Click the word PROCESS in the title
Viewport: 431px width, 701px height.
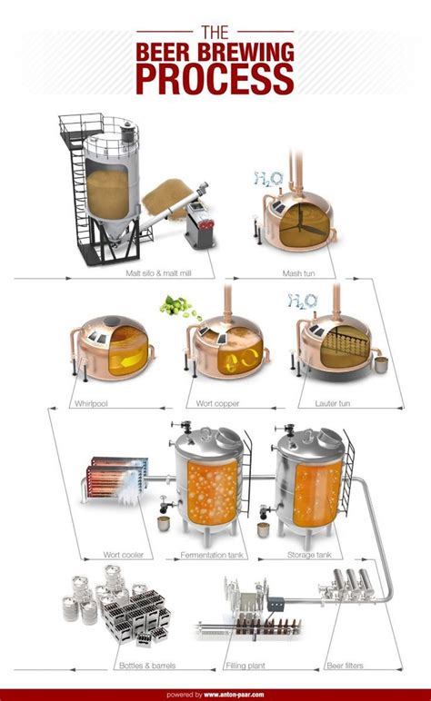[215, 79]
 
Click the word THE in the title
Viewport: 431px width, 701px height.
[215, 33]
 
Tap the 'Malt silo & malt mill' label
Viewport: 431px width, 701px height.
[158, 273]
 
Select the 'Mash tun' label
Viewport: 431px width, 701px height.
[298, 273]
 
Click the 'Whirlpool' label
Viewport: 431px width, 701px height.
[91, 403]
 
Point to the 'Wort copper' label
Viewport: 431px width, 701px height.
[217, 403]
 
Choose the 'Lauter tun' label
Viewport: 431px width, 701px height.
[332, 403]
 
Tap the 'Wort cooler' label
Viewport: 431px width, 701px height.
[124, 555]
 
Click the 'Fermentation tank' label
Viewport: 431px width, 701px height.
[212, 555]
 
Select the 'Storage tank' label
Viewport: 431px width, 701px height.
[309, 555]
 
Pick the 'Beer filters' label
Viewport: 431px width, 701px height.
[345, 666]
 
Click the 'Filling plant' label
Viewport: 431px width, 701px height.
[246, 666]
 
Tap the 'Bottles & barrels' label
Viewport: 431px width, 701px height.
[147, 666]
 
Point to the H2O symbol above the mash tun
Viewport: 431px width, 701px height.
[269, 179]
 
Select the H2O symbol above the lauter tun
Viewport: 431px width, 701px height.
[303, 301]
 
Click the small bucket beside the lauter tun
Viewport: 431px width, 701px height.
[381, 365]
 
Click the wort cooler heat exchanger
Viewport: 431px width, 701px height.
[117, 480]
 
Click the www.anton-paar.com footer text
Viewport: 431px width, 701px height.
[234, 695]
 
